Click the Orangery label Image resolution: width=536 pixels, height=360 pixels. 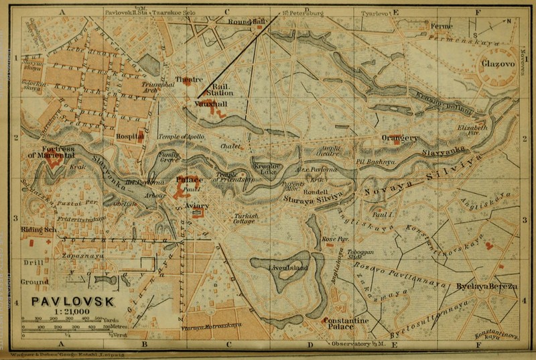tap(400, 138)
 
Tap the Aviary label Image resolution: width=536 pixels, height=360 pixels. tap(197, 206)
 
